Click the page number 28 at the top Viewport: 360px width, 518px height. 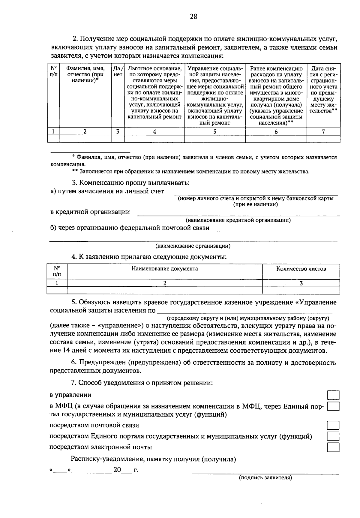pos(193,17)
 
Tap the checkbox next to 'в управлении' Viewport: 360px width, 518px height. pos(333,395)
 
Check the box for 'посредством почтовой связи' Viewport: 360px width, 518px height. pos(333,426)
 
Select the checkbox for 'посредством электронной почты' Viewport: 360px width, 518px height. pos(333,447)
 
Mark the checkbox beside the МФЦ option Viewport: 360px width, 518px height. pos(333,406)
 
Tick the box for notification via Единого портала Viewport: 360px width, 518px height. pos(333,436)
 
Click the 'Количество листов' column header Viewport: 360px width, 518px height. pos(301,269)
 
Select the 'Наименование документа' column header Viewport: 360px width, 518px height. pos(164,269)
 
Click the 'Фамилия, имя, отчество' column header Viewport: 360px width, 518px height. pos(85,75)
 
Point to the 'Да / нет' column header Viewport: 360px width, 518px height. pos(118,72)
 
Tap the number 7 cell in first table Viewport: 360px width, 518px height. pos(323,131)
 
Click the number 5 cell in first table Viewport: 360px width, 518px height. pos(215,131)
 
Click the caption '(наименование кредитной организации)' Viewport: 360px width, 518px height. pos(238,220)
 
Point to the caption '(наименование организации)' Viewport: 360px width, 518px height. pos(193,246)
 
